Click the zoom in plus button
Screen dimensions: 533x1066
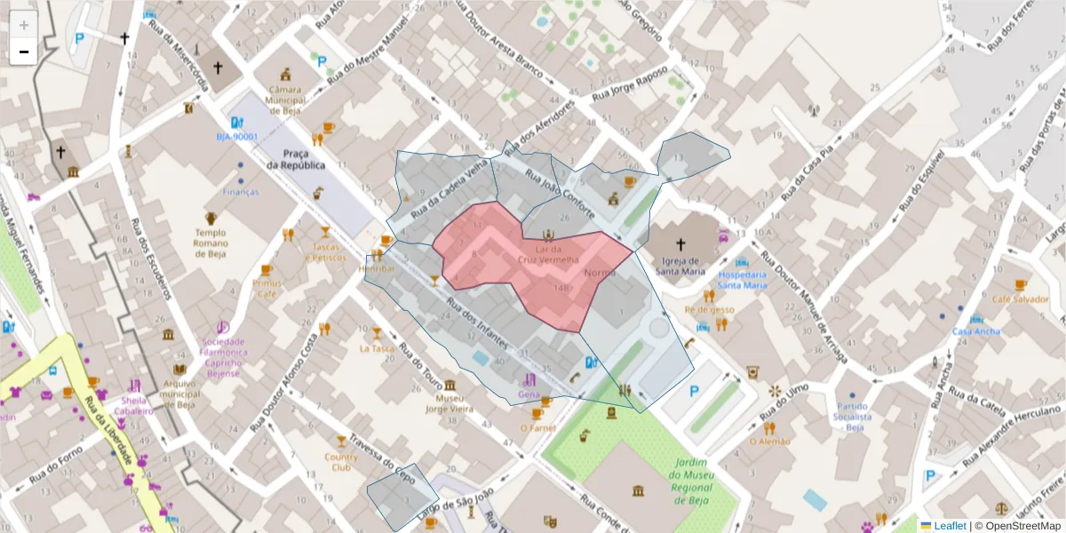click(24, 26)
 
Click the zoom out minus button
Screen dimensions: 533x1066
click(24, 52)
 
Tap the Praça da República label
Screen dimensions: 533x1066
click(296, 160)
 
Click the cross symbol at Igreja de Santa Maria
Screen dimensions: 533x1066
click(681, 244)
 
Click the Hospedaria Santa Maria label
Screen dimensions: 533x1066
click(743, 280)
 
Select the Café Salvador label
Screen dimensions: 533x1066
click(1021, 299)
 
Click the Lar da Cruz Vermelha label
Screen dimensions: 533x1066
click(549, 254)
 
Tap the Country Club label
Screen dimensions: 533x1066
click(340, 462)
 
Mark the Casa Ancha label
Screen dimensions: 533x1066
click(976, 331)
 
